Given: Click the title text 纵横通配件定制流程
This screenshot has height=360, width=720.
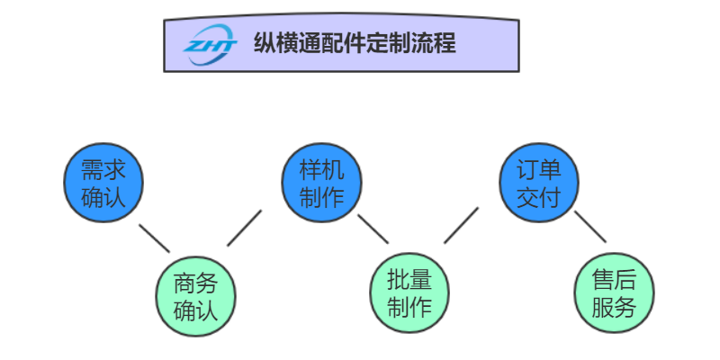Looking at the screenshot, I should pyautogui.click(x=355, y=43).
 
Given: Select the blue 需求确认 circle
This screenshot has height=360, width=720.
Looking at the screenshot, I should pyautogui.click(x=103, y=184).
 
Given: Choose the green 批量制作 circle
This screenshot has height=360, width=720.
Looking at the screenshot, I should pyautogui.click(x=409, y=292).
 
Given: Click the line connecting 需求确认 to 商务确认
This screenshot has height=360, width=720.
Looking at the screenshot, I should pyautogui.click(x=154, y=238).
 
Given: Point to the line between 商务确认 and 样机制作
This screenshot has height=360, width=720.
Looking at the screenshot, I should pyautogui.click(x=244, y=229).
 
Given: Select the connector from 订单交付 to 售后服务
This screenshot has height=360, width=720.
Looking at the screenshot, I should pyautogui.click(x=590, y=227).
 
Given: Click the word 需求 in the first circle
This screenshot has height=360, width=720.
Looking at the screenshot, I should pyautogui.click(x=103, y=170).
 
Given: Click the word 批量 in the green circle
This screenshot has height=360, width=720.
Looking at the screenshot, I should pyautogui.click(x=409, y=279).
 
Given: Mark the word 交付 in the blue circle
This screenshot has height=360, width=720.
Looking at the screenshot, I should pyautogui.click(x=539, y=197).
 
